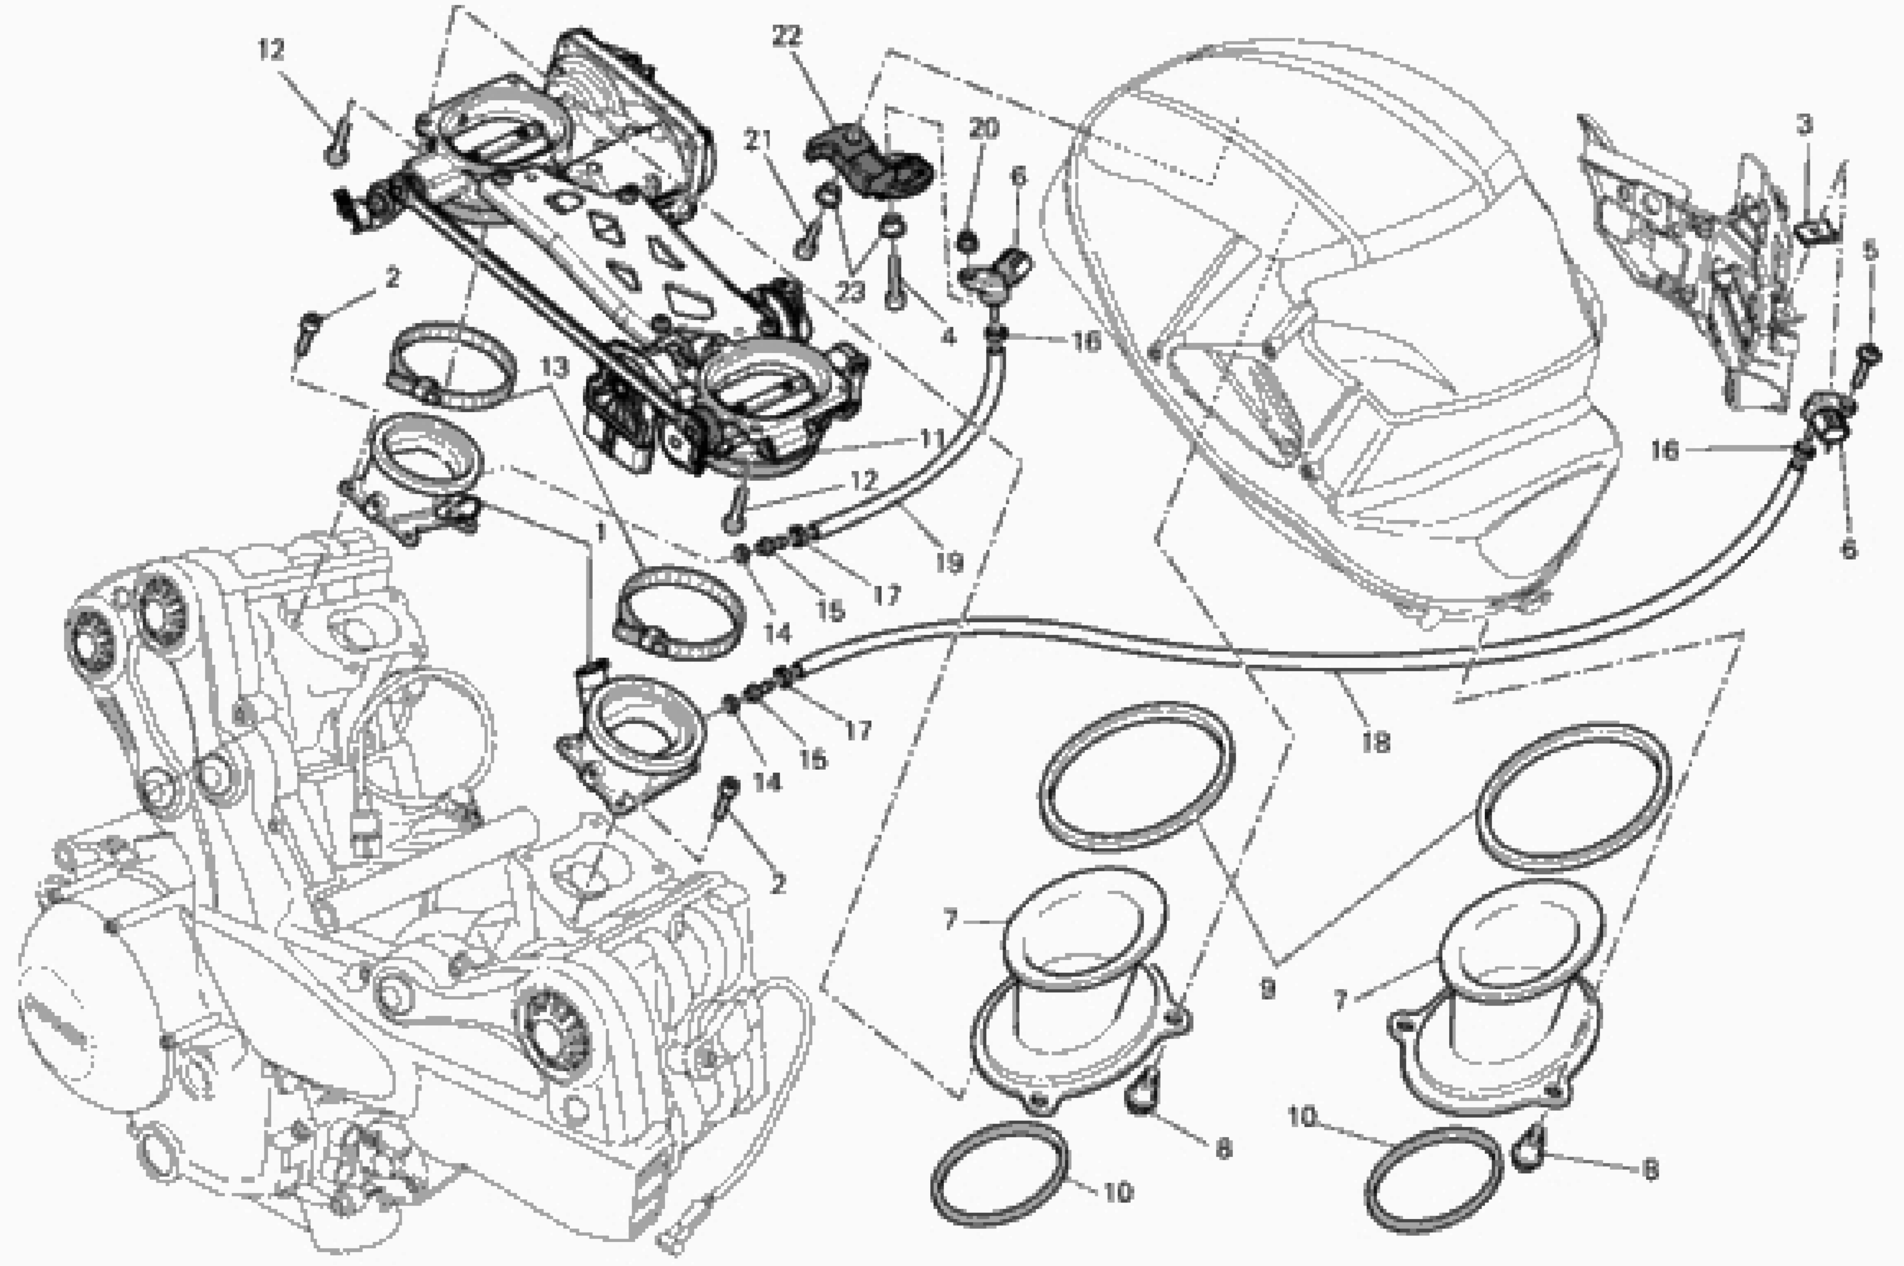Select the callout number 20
pyautogui.click(x=983, y=127)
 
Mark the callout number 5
pyautogui.click(x=1870, y=252)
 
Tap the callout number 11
pyautogui.click(x=931, y=439)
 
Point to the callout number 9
pyautogui.click(x=1267, y=988)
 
